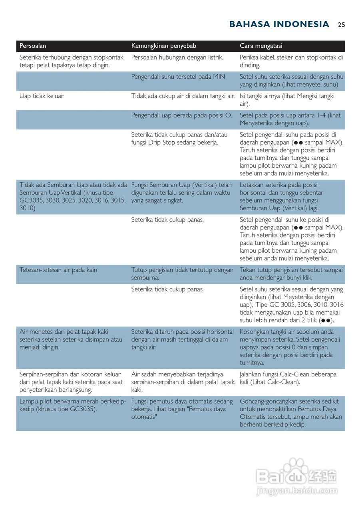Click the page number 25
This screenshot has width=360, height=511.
341,25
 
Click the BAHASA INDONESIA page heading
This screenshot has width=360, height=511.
279,24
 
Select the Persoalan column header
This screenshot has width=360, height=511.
33,46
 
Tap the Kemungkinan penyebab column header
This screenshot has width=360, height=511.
163,46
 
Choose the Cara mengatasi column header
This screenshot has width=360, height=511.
261,46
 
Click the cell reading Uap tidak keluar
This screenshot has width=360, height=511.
42,96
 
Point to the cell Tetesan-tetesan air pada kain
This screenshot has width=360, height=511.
58,270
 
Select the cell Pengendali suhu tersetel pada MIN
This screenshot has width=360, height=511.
178,77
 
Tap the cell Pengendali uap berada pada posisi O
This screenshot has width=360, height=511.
181,116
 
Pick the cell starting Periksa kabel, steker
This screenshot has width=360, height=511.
291,61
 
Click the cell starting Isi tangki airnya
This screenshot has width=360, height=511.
287,100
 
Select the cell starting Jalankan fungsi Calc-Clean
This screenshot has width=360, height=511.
288,378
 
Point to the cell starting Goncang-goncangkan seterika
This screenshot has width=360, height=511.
290,413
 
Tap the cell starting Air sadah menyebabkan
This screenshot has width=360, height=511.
183,382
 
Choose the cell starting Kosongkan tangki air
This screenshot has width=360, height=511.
290,347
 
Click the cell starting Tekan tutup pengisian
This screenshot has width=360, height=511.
291,274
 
